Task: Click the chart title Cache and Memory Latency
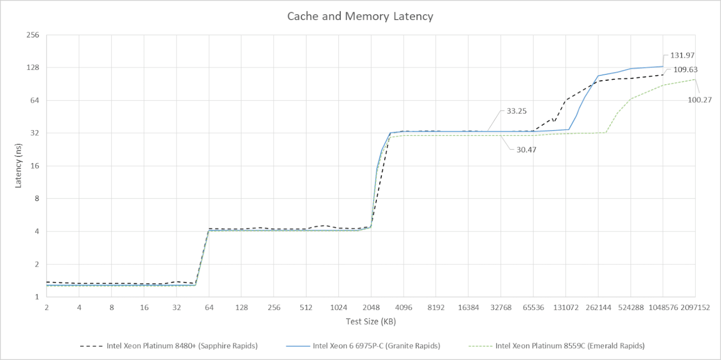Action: [360, 16]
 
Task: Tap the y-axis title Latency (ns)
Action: [19, 166]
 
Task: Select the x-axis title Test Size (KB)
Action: [370, 321]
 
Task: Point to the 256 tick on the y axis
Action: [36, 35]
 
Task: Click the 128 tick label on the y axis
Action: [36, 68]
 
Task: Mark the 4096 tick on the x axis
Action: [403, 308]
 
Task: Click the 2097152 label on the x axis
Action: [695, 308]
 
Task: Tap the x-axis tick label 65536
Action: [533, 308]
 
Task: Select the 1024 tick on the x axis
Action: [338, 308]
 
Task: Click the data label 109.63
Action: [685, 70]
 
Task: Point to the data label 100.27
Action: [700, 100]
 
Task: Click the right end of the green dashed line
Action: [695, 79]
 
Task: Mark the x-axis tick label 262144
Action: [598, 308]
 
